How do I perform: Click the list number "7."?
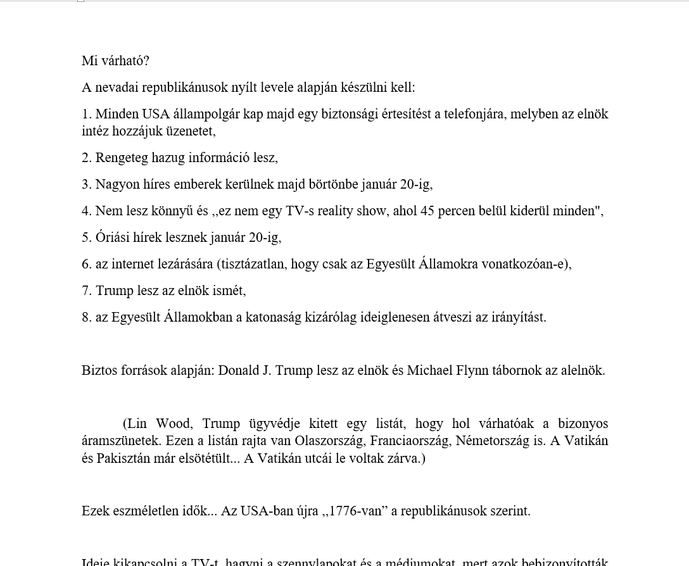pos(87,291)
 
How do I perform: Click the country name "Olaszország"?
pos(326,441)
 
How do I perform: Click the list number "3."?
pos(87,184)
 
